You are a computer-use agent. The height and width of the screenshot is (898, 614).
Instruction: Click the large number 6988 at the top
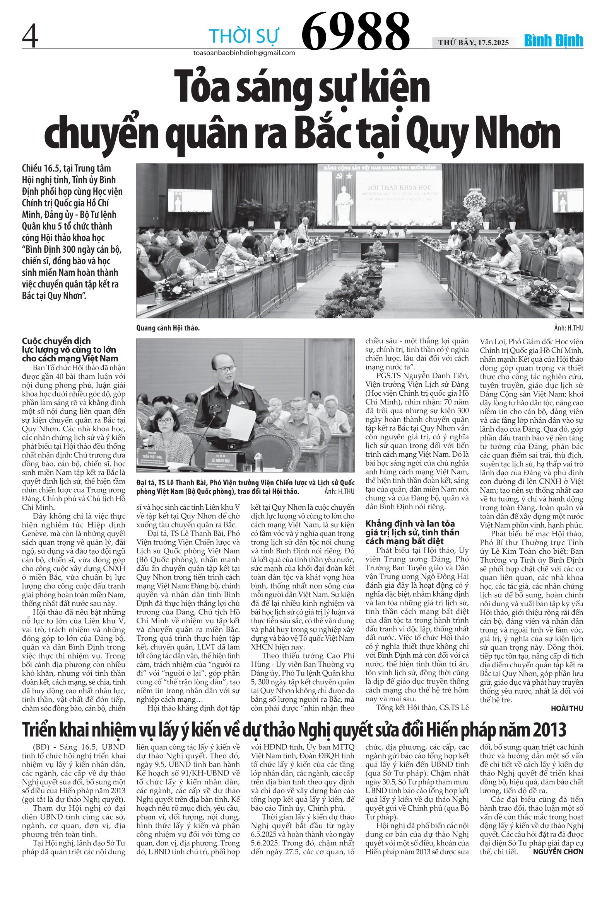pyautogui.click(x=355, y=32)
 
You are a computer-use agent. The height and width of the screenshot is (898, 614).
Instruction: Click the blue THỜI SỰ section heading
pyautogui.click(x=244, y=36)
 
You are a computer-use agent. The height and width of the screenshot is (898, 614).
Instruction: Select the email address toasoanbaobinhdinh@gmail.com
pyautogui.click(x=244, y=53)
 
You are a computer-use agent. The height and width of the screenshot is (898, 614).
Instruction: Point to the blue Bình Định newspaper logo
pyautogui.click(x=553, y=41)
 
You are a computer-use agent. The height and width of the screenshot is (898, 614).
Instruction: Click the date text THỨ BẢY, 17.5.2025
pyautogui.click(x=474, y=43)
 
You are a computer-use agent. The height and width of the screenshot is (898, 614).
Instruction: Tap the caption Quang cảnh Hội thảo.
pyautogui.click(x=168, y=328)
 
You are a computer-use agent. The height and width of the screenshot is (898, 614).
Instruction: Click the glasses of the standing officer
pyautogui.click(x=225, y=369)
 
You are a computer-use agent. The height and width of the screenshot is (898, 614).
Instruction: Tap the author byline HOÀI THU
pyautogui.click(x=567, y=708)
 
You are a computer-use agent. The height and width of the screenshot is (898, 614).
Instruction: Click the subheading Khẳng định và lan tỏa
pyautogui.click(x=410, y=524)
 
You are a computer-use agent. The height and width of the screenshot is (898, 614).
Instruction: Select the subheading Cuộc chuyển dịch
pyautogui.click(x=56, y=341)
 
